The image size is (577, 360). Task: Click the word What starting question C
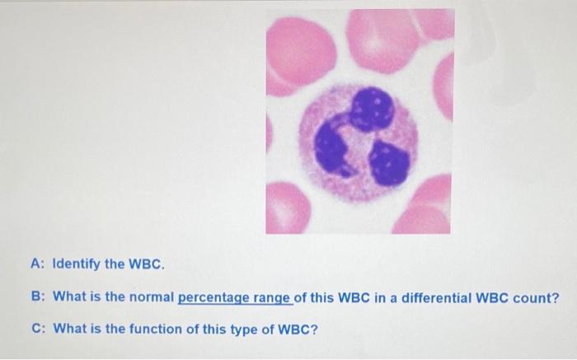(x=69, y=328)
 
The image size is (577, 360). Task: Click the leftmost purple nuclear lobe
(x=331, y=147)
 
